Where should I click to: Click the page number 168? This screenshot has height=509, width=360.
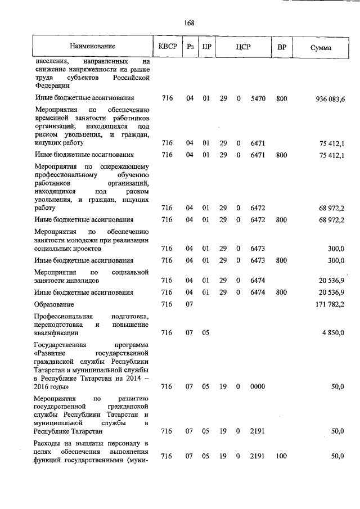189,23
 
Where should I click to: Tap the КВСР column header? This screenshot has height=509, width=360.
167,47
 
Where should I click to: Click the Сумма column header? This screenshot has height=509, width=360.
321,48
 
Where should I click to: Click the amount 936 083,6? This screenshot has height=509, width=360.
330,99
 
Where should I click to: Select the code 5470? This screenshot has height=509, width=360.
258,99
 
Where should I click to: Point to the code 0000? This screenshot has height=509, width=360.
258,387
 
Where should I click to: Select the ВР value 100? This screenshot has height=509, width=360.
281,456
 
